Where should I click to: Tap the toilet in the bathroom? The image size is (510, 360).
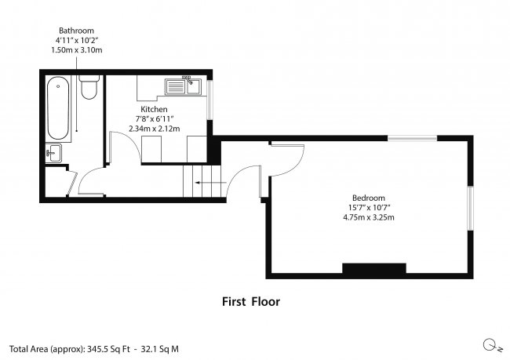(89, 89)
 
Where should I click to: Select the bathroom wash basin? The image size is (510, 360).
(55, 153)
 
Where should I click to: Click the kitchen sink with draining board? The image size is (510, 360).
(184, 83)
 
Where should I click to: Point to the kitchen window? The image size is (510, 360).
(209, 99)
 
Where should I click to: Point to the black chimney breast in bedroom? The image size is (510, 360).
(373, 269)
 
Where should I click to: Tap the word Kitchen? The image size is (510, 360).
(154, 108)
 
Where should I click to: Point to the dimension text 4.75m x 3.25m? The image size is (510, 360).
(369, 217)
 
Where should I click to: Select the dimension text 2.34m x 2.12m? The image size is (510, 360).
(154, 128)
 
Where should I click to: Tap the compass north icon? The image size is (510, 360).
(488, 345)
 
